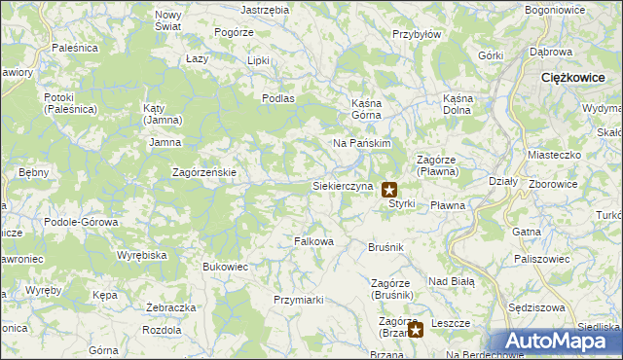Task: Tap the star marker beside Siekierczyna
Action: point(388,190)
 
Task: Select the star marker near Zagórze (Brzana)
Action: point(416,330)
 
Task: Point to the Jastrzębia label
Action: point(265,9)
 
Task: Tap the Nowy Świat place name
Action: point(168,20)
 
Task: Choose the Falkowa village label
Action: point(314,241)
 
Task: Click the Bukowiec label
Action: point(225,266)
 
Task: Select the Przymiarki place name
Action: point(298,300)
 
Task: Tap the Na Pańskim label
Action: point(362,143)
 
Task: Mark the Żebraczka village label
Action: point(165,307)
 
